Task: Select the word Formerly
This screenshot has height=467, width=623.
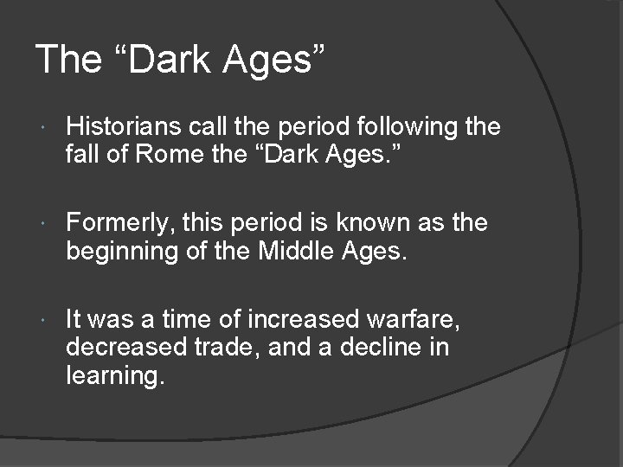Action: click(x=120, y=223)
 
